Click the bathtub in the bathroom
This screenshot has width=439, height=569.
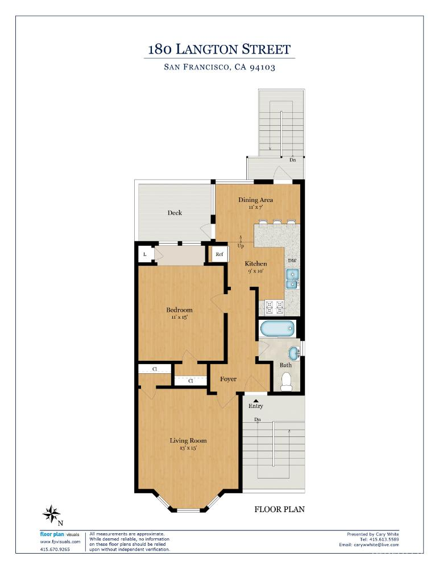(x=278, y=329)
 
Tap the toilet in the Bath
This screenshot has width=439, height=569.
(x=286, y=381)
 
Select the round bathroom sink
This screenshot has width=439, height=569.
(x=293, y=353)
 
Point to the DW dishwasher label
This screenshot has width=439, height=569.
(x=292, y=261)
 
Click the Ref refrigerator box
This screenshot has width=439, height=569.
(x=219, y=254)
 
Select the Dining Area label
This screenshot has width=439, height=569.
(x=255, y=200)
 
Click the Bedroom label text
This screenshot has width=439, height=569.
(x=179, y=310)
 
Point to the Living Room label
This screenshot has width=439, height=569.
(x=188, y=440)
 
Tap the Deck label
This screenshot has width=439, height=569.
(x=175, y=213)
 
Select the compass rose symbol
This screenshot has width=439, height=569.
(x=51, y=514)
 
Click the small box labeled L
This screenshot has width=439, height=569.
(x=145, y=254)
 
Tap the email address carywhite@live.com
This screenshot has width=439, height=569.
(x=376, y=545)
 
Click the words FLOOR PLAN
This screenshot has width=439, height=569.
(x=279, y=509)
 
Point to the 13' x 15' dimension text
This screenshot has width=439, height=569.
(x=188, y=448)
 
